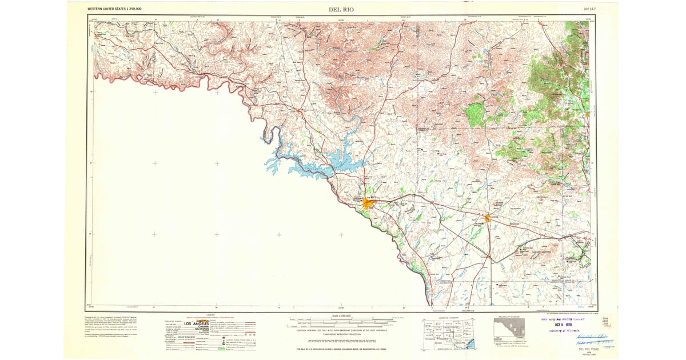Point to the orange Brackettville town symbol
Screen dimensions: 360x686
(487, 217)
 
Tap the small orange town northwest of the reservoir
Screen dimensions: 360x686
(298, 110)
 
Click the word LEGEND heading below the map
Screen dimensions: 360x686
(210, 315)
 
